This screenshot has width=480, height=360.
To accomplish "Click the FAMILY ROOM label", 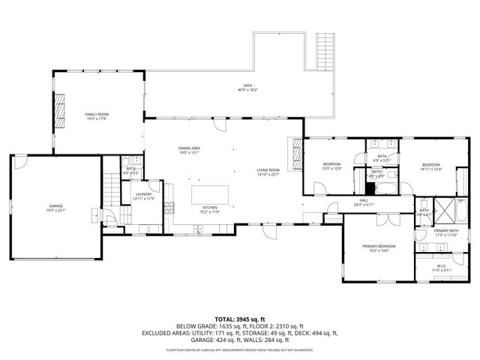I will coord(97,114).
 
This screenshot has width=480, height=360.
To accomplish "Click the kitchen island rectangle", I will coord(210,194).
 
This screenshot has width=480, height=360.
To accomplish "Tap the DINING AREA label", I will coord(189,148).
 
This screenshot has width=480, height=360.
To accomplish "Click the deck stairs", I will coord(325,50).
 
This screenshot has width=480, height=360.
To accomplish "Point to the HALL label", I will coord(364,200).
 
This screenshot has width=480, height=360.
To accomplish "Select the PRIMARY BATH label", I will coord(445,231).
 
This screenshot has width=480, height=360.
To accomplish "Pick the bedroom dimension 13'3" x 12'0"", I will coord(331,169).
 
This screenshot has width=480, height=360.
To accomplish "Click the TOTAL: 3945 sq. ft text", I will coord(239,319).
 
